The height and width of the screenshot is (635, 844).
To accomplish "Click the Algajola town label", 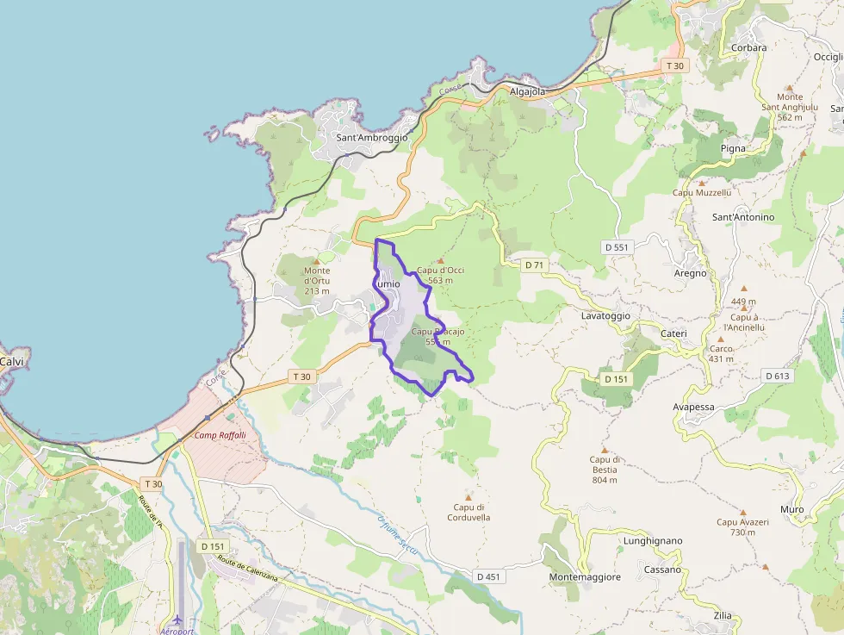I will pyautogui.click(x=528, y=90).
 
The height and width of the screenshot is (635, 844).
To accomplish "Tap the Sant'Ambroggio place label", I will pyautogui.click(x=372, y=137).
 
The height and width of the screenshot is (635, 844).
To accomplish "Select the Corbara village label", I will pyautogui.click(x=748, y=47).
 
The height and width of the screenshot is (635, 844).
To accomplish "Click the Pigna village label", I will pyautogui.click(x=733, y=148).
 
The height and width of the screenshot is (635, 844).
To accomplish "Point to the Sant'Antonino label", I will pyautogui.click(x=743, y=217).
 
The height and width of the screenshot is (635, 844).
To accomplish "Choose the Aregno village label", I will pyautogui.click(x=691, y=273).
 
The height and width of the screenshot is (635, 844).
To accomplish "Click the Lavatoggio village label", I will pyautogui.click(x=605, y=316).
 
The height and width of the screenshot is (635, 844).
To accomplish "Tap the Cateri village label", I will pyautogui.click(x=673, y=333).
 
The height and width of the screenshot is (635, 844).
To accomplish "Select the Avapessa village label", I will pyautogui.click(x=693, y=407).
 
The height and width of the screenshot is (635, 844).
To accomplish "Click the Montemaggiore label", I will pyautogui.click(x=585, y=577).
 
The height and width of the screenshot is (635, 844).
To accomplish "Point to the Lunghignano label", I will pyautogui.click(x=652, y=541).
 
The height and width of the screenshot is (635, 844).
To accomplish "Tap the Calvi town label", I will pyautogui.click(x=11, y=362).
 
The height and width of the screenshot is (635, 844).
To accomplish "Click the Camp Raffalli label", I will pyautogui.click(x=220, y=435).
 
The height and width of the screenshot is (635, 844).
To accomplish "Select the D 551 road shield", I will pyautogui.click(x=617, y=247).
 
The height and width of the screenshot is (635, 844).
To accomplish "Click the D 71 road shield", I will pyautogui.click(x=534, y=265).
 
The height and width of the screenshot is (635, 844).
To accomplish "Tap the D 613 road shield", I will pyautogui.click(x=777, y=376).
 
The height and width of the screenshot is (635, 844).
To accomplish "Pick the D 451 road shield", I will pyautogui.click(x=487, y=576).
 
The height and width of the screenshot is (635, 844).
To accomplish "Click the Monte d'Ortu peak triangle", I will pyautogui.click(x=316, y=260).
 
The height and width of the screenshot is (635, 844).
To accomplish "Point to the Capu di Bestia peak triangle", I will pyautogui.click(x=604, y=450).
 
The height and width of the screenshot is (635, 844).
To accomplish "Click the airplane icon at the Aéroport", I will pyautogui.click(x=178, y=619).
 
